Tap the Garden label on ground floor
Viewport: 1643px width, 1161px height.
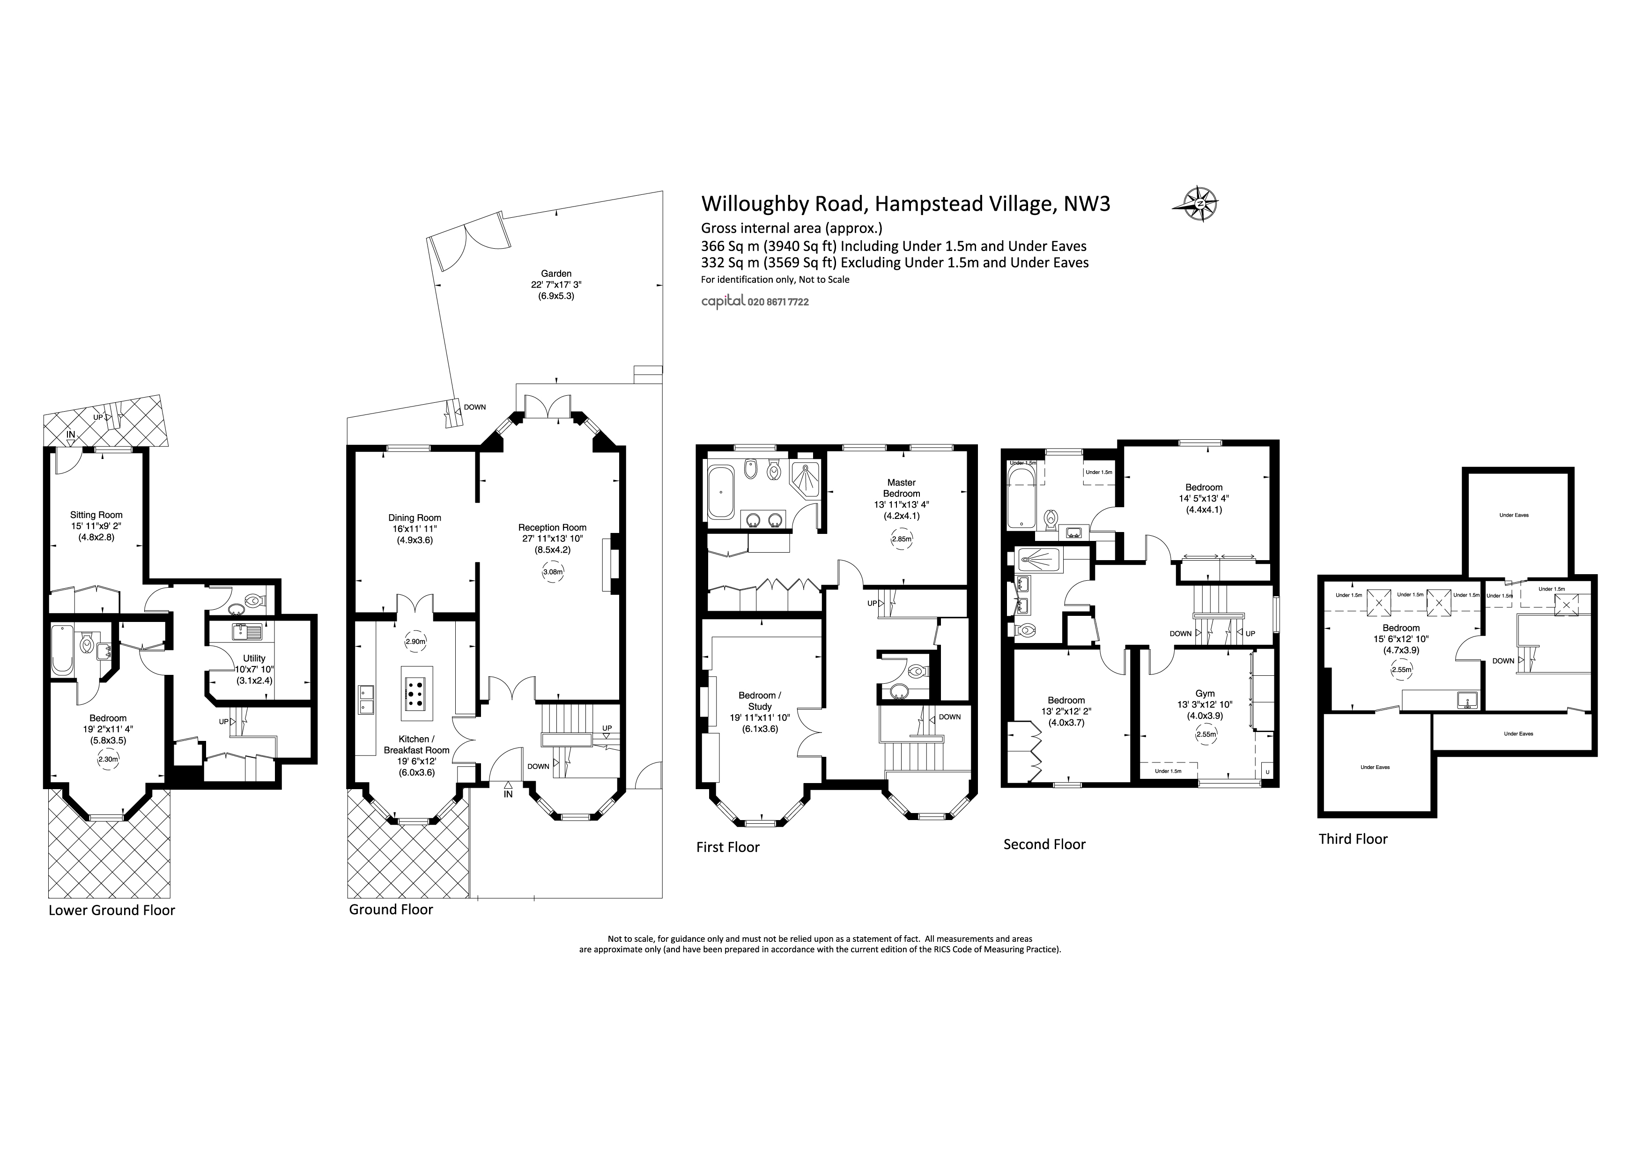point(556,273)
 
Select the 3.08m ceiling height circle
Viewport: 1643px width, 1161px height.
point(553,572)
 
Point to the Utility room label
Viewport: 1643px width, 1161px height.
point(254,658)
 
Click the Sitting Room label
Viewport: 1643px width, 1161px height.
point(96,514)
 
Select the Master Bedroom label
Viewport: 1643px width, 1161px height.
point(901,488)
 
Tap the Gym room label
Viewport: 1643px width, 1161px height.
point(1205,693)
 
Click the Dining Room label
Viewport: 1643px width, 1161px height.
point(414,518)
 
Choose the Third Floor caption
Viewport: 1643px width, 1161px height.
point(1353,839)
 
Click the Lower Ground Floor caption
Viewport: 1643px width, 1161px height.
point(111,910)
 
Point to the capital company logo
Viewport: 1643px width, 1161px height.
point(723,302)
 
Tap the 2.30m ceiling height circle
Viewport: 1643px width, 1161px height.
point(109,760)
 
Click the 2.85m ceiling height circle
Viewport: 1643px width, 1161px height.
point(902,539)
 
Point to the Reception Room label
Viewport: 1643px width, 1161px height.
point(553,528)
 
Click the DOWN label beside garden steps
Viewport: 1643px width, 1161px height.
point(474,407)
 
